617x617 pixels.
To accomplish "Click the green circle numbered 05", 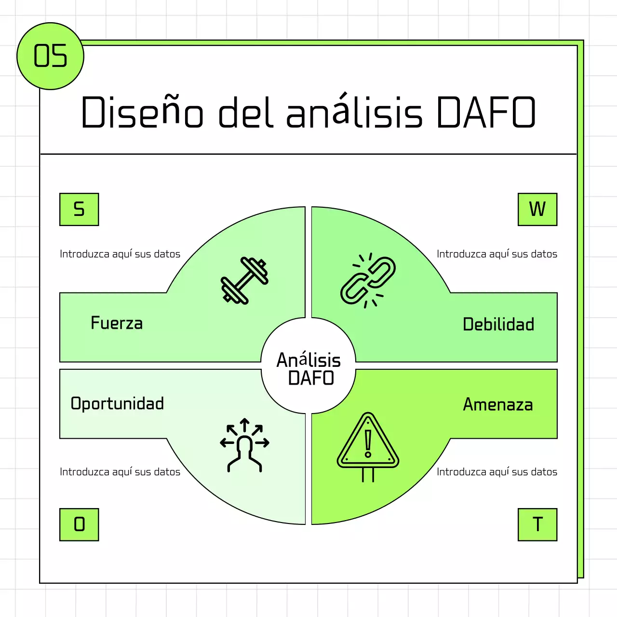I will (x=50, y=56).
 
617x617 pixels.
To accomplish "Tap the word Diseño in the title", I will (x=142, y=112).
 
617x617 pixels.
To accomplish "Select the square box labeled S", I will (x=79, y=209).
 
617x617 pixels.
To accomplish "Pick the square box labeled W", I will (x=537, y=209).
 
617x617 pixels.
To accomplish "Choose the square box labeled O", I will (x=79, y=524).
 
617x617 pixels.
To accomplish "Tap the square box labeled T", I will (x=537, y=524).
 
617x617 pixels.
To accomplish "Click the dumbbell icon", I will (x=244, y=280).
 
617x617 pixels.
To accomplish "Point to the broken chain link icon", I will (x=368, y=280).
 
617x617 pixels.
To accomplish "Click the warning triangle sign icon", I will (x=368, y=446).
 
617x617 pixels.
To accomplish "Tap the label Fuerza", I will (x=117, y=323).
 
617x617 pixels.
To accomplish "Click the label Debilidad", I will (x=498, y=324).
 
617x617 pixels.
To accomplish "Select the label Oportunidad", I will (x=117, y=403).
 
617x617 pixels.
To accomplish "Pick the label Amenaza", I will (x=498, y=404).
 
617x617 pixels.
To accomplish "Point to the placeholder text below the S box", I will (x=120, y=254).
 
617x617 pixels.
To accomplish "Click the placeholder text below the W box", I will (x=497, y=254).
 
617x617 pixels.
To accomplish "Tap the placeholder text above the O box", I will (x=120, y=472).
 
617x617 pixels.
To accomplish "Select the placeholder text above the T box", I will (x=497, y=472).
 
